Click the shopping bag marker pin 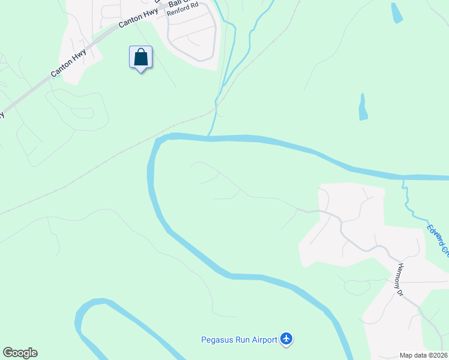tap(140, 58)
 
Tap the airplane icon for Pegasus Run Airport tap(286, 340)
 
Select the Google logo tap(20, 353)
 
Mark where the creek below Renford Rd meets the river tap(209, 136)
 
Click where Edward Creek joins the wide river tap(403, 178)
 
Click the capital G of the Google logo tap(8, 353)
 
